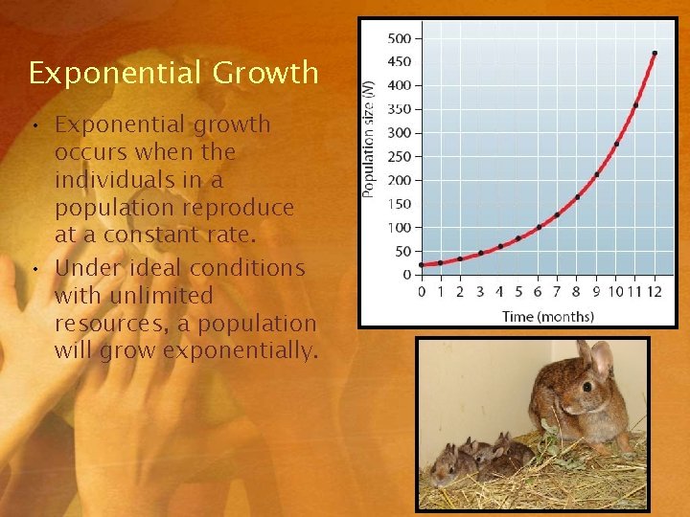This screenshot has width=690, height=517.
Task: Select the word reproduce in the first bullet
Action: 235,208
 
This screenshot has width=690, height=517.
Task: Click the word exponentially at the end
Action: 241,351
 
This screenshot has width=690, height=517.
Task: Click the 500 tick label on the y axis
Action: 399,39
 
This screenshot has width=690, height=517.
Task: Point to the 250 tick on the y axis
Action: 399,157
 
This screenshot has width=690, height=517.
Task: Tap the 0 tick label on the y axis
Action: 406,275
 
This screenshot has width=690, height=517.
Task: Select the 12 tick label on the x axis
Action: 655,292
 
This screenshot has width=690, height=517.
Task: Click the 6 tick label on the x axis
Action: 538,292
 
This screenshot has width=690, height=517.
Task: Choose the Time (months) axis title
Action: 547,316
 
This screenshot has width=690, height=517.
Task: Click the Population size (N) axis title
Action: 369,139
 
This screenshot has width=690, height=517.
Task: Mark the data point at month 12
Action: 655,54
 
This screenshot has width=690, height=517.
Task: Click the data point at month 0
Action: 422,264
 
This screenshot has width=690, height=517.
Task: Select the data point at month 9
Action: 596,174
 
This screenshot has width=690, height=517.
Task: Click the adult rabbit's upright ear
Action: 602,359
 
